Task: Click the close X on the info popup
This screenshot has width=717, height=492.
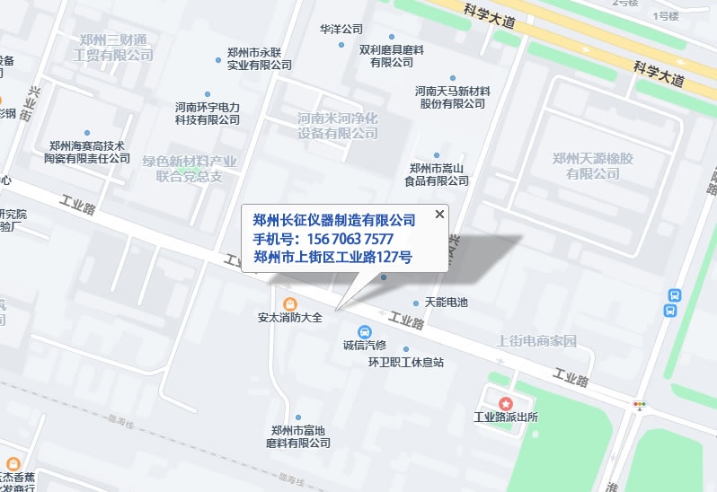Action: [x=439, y=214]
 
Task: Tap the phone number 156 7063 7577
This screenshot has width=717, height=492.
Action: [x=323, y=239]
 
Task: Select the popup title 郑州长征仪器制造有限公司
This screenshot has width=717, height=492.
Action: [x=334, y=220]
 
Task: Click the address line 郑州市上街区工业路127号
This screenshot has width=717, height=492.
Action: [x=332, y=258]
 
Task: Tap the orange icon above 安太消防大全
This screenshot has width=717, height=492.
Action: [x=289, y=303]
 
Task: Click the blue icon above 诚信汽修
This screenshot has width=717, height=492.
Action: [x=364, y=331]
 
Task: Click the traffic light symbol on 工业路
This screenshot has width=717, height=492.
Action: [x=640, y=405]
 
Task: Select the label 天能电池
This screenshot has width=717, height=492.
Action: [x=446, y=303]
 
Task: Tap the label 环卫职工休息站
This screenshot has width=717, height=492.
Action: [x=406, y=363]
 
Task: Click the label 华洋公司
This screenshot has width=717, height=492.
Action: [x=341, y=30]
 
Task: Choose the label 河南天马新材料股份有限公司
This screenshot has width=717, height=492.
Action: [x=452, y=98]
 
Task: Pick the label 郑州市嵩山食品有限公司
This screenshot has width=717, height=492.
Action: [x=439, y=174]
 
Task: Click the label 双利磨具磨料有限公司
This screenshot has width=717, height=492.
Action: [x=392, y=56]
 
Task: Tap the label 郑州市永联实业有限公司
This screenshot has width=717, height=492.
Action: [x=260, y=58]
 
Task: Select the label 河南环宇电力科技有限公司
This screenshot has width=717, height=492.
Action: [x=208, y=112]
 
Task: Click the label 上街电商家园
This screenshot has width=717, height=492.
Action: [x=536, y=342]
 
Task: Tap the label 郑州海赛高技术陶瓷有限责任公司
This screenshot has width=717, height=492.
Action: [x=87, y=152]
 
